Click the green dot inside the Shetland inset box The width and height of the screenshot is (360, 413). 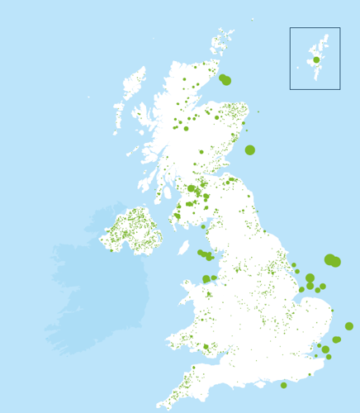click(316, 59)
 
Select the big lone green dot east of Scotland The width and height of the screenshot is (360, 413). click(250, 150)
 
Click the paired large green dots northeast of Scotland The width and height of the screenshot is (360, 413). click(225, 79)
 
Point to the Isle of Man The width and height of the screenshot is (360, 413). click(183, 247)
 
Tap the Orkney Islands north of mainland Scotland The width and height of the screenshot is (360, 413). click(220, 42)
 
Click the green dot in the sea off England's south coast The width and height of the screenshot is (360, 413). click(283, 385)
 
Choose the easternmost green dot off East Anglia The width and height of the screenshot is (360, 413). click(349, 326)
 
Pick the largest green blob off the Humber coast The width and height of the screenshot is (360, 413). click(332, 260)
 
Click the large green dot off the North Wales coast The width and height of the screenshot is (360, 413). click(206, 279)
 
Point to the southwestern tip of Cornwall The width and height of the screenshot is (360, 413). click(159, 406)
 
